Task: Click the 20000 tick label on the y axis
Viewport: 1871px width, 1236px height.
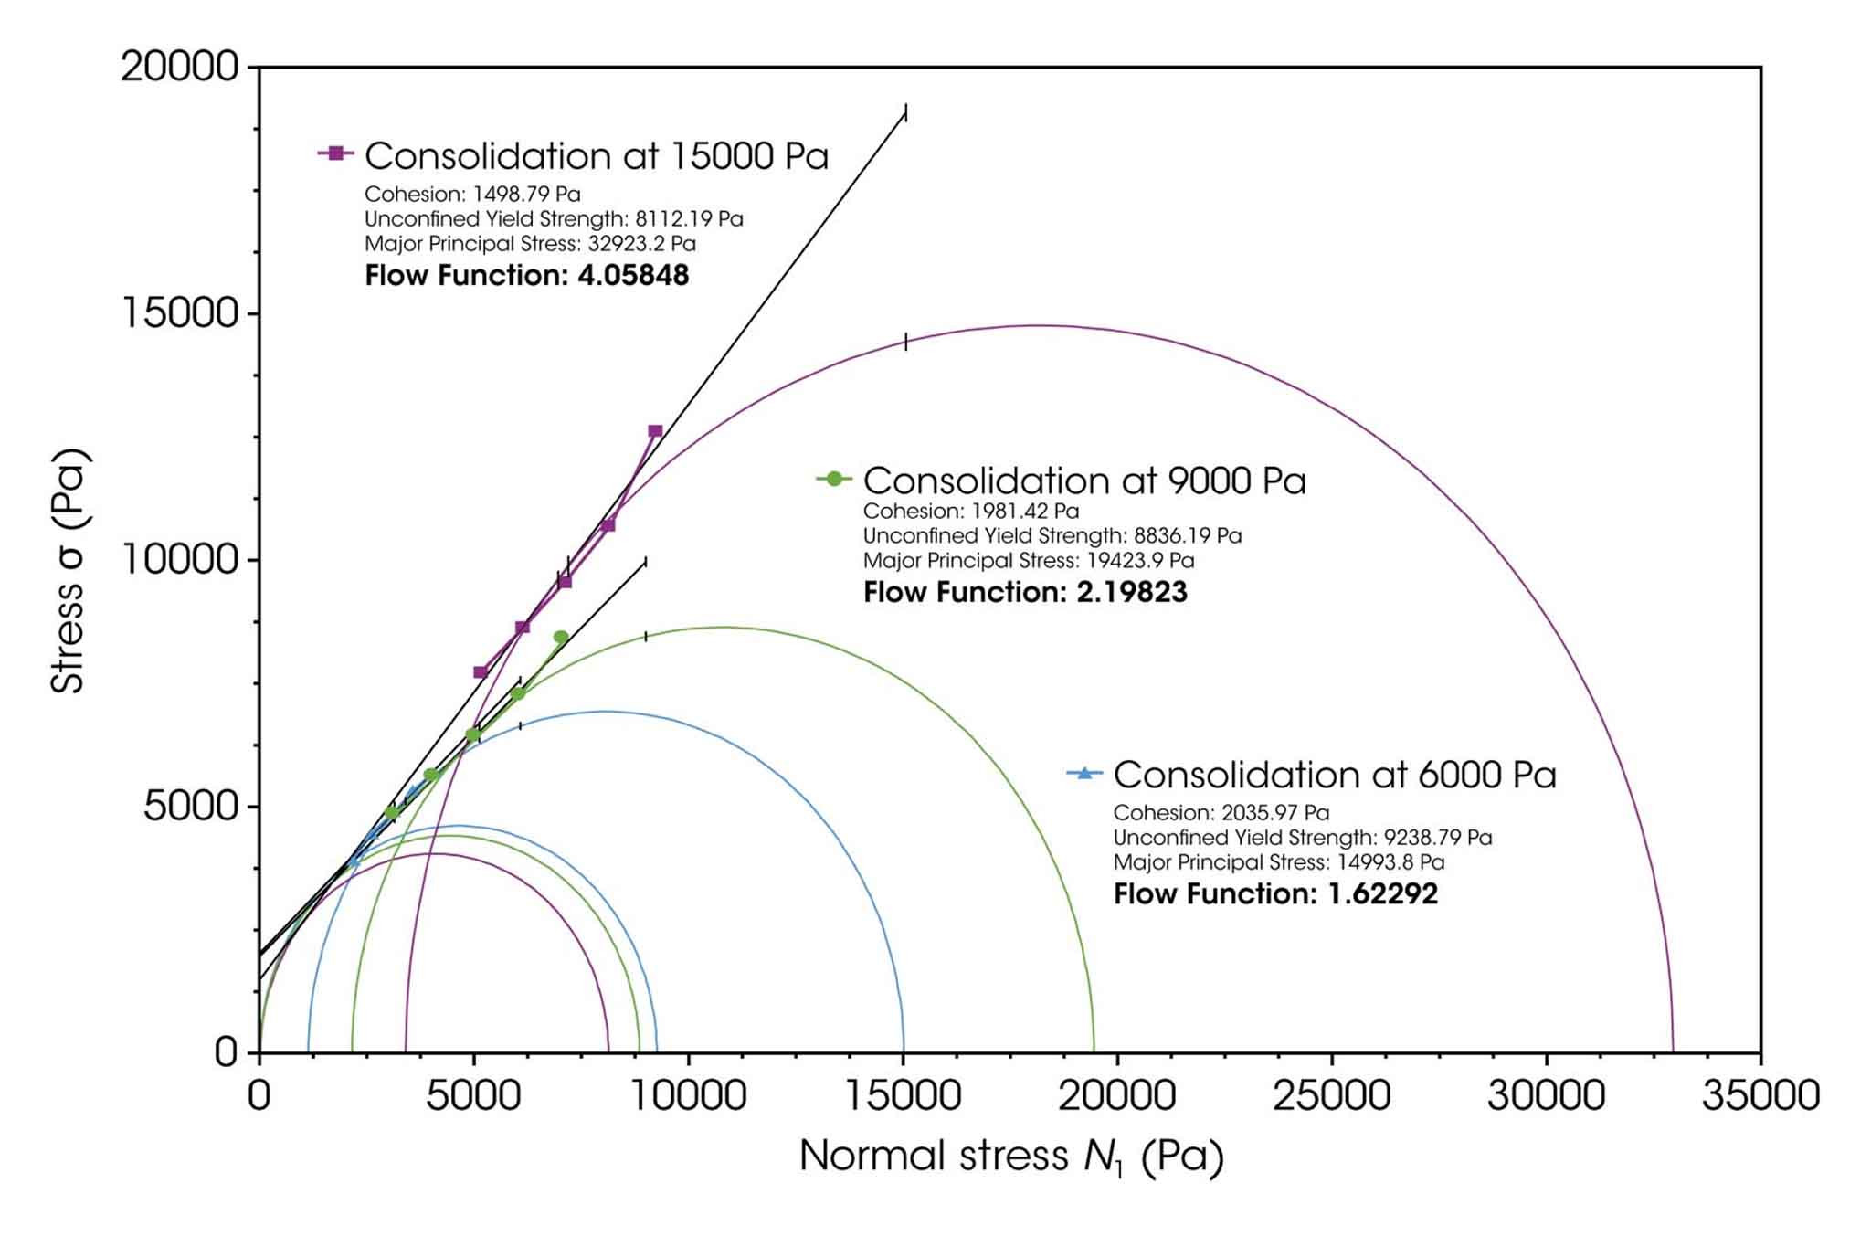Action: [x=179, y=67]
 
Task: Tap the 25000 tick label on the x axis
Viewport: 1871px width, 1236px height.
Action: [x=1331, y=1095]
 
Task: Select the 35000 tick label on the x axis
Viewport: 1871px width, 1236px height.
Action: [x=1760, y=1095]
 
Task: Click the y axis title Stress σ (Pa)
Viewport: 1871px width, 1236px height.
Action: [x=69, y=572]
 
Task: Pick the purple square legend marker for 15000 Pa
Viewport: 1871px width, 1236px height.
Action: [x=336, y=153]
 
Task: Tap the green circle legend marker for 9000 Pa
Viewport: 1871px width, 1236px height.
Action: [x=834, y=478]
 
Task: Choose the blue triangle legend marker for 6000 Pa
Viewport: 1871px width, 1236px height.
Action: [x=1084, y=773]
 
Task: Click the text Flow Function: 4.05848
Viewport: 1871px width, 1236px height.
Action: [x=526, y=275]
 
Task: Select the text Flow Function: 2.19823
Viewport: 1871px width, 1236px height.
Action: [x=1025, y=592]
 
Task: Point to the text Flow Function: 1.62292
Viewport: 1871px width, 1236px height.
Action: [x=1275, y=893]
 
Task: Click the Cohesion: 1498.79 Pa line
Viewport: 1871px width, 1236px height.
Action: [x=472, y=194]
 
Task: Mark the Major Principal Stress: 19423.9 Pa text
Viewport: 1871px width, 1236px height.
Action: [x=1029, y=560]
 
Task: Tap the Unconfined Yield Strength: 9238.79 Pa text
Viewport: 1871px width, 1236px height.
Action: [x=1302, y=837]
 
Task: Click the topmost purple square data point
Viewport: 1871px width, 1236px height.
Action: [x=655, y=431]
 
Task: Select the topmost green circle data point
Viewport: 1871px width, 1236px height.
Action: [x=561, y=637]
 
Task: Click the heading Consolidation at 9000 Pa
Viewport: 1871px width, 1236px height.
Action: [x=1084, y=481]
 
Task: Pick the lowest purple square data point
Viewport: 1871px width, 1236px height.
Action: [x=481, y=672]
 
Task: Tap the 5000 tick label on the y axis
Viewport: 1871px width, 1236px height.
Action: [x=190, y=807]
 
